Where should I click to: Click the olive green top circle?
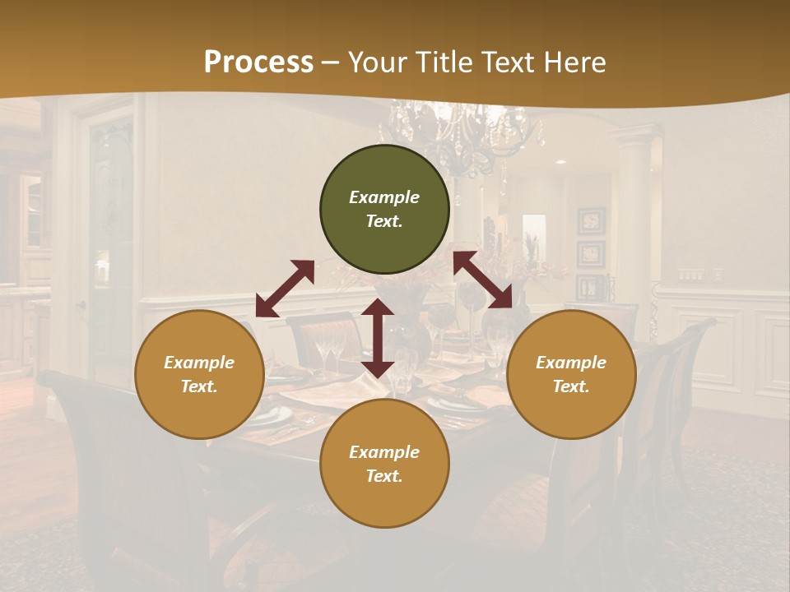(384, 210)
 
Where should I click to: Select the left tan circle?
(199, 375)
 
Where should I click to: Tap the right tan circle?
(571, 375)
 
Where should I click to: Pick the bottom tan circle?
(384, 464)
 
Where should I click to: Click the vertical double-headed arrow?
(378, 338)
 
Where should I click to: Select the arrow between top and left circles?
(285, 289)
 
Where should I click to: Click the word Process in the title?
(258, 62)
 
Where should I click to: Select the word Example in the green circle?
(384, 197)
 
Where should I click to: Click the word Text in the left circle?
(199, 387)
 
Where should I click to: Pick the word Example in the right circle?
(571, 363)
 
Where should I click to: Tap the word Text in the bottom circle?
(384, 476)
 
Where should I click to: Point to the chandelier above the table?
(461, 136)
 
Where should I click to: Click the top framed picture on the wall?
(591, 220)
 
